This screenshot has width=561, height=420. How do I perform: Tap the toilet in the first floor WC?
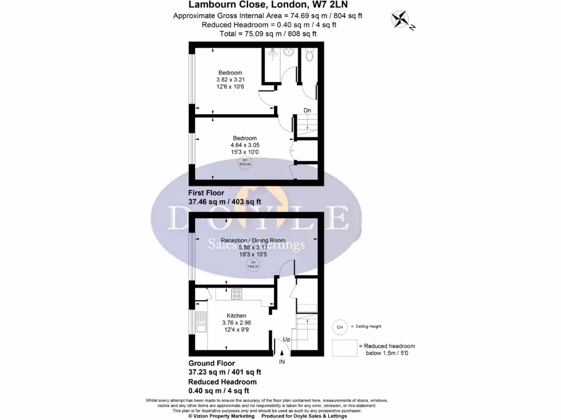(x=310, y=55)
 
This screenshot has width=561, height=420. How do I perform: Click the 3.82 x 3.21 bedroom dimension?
(x=230, y=80)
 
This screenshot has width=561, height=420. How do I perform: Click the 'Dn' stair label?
(x=307, y=111)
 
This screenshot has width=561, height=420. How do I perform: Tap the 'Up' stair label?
(x=287, y=340)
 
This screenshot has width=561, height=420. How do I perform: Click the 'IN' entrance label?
(x=282, y=362)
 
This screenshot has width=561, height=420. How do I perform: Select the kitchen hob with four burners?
(x=238, y=294)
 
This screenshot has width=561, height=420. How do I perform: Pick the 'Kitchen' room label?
(x=237, y=316)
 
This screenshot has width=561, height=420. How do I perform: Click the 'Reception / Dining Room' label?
(x=253, y=240)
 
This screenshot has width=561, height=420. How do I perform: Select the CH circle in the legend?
(x=340, y=326)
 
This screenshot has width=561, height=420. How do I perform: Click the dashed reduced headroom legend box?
(x=344, y=348)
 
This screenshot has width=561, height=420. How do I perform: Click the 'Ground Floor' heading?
(x=211, y=363)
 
